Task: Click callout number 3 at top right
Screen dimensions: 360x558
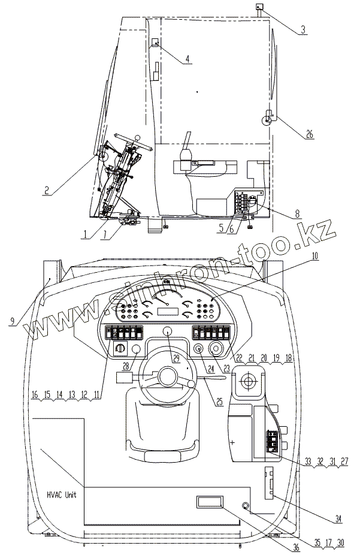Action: pos(304,29)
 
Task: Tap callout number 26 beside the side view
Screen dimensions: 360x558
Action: pos(309,134)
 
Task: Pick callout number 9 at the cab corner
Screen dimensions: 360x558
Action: pos(12,321)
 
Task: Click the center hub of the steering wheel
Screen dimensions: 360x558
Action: pos(167,376)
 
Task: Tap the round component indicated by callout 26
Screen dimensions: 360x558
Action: pos(265,119)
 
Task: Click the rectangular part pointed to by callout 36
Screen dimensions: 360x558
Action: pos(207,502)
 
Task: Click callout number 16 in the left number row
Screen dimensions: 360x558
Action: pos(35,396)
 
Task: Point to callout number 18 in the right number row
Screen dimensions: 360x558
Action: pos(290,358)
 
